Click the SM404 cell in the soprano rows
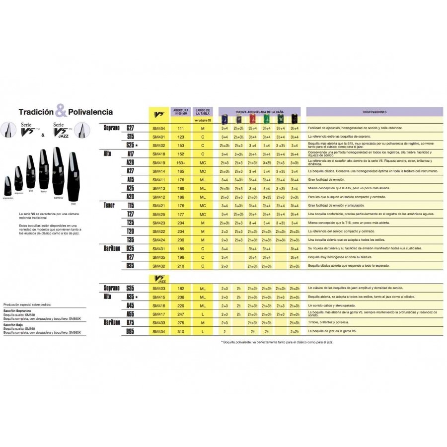coord(159,129)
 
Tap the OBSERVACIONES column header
coord(374,112)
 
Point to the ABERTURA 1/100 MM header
coord(180,112)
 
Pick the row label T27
coord(131,214)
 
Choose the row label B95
coord(131,331)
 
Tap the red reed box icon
coord(253,119)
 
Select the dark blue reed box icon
coord(225,119)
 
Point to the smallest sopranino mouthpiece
coord(7,186)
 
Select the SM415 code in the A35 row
coord(159,297)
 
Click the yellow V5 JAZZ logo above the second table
coord(159,279)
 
